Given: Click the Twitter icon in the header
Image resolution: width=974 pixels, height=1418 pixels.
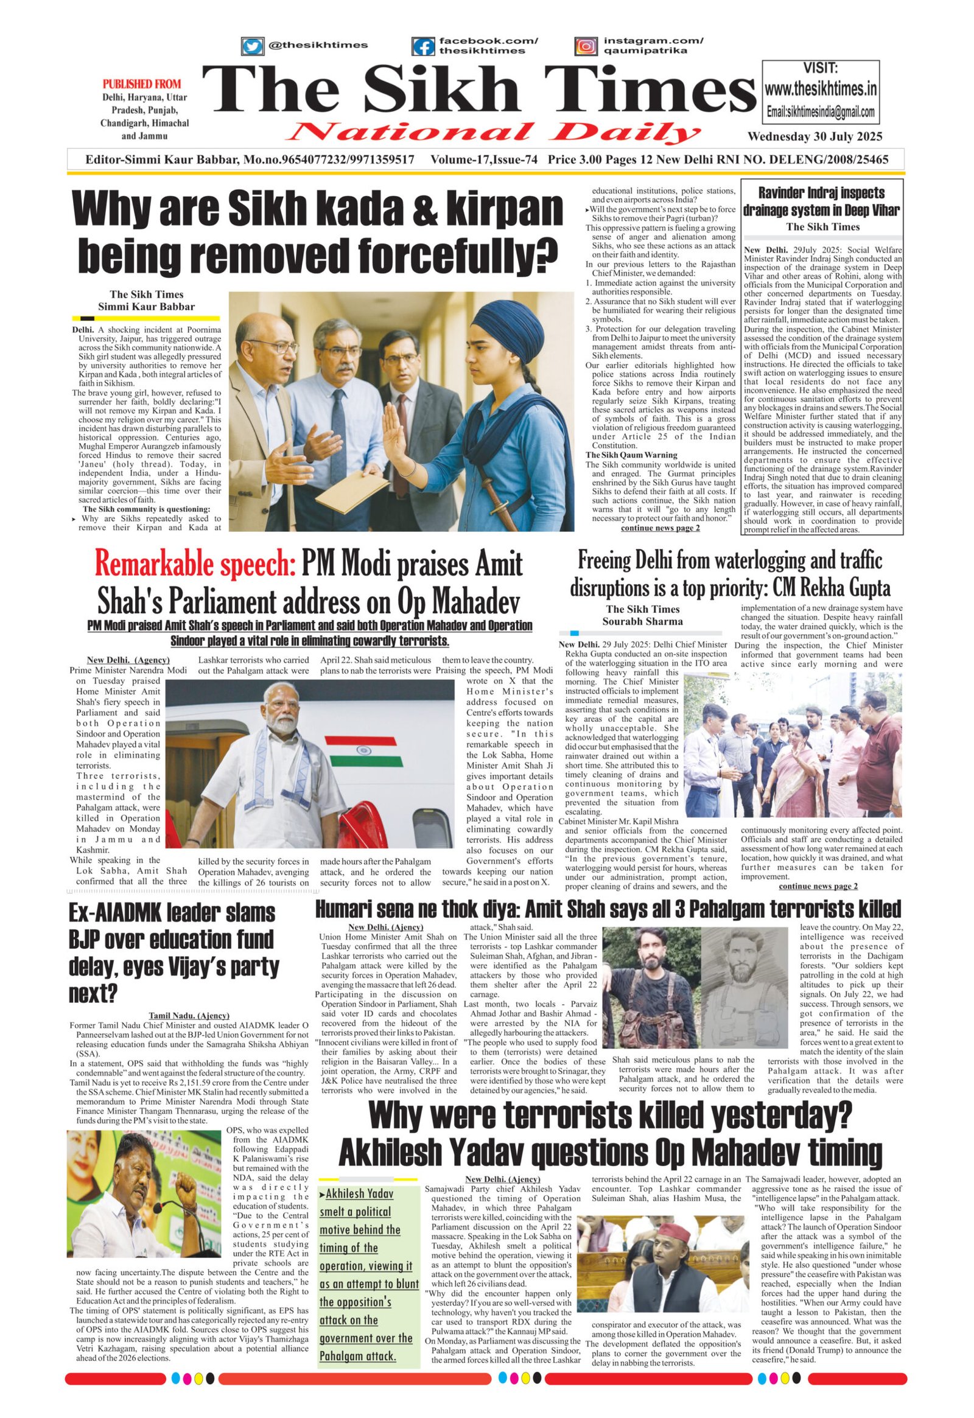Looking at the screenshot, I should click(252, 46).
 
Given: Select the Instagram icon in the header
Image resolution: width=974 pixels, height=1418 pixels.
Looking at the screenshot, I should click(586, 46).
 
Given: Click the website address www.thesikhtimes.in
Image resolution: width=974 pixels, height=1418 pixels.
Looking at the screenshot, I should click(821, 89).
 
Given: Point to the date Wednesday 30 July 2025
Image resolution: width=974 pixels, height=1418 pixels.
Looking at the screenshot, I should click(815, 137).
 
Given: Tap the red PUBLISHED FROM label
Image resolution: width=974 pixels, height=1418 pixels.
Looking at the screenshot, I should click(142, 84).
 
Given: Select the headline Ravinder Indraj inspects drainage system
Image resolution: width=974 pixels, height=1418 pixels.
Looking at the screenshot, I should click(822, 202).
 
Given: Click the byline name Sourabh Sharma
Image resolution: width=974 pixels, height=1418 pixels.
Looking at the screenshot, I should click(643, 622).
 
